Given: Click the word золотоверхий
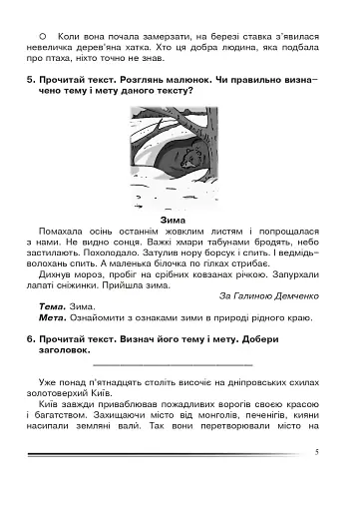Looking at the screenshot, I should [68, 395].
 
